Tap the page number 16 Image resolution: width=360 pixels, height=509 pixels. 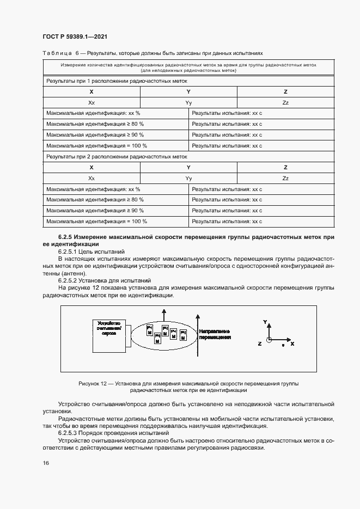click(x=46, y=463)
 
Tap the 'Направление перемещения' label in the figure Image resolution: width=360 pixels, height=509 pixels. click(x=214, y=334)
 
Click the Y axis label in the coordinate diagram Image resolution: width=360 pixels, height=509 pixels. click(x=265, y=322)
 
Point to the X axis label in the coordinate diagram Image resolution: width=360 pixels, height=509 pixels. click(x=292, y=344)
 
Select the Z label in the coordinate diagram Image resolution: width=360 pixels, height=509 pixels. click(x=260, y=344)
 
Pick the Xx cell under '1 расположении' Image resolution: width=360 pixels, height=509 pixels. click(x=91, y=102)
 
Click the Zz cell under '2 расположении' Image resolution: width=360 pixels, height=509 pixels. click(x=285, y=178)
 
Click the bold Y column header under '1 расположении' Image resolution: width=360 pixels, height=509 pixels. click(x=188, y=91)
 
